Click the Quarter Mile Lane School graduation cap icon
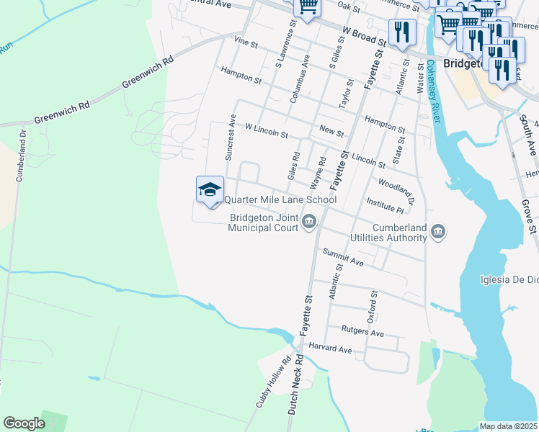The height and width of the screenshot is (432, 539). coord(210,189)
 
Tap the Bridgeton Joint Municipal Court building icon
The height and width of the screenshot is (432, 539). coord(309,220)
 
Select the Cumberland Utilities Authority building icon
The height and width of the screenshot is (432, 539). coord(439,231)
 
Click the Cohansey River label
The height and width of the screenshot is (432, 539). coord(432,92)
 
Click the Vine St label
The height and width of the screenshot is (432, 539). coord(246,44)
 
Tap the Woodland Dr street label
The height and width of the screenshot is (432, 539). coord(396,190)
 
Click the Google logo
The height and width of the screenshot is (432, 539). coord(24,423)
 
